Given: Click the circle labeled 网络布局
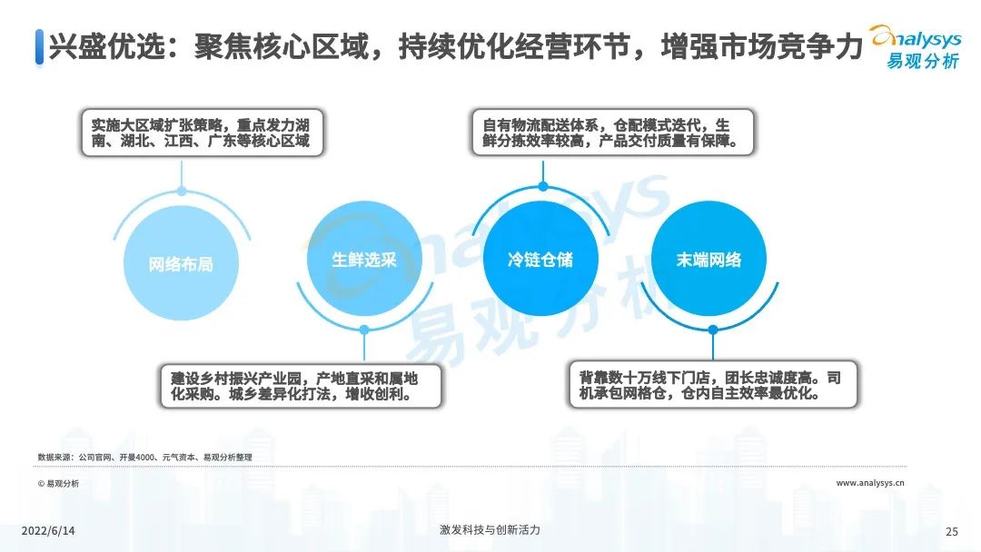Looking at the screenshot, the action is pos(182,263).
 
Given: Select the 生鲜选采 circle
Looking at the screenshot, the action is pos(364,259).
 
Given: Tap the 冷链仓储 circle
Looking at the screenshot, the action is pos(540,259).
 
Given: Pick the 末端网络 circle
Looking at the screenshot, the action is pos(708,259).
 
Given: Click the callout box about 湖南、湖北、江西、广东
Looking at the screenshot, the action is pos(202,133).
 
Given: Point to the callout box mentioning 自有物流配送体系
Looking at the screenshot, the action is pos(612,133).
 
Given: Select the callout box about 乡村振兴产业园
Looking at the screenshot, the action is pos(301,387).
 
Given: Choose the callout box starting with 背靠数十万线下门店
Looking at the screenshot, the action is pos(713,384).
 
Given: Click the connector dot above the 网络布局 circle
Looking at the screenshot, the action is pos(182,192).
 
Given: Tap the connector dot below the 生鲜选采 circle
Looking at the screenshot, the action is pos(364,330).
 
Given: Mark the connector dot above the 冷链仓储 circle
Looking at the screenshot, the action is pos(543,186).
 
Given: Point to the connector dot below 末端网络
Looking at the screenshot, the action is pos(713,330).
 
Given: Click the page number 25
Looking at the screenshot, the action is pos(952,531).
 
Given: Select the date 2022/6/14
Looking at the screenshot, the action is pos(48,531).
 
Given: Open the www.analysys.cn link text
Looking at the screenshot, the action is pos(869,483).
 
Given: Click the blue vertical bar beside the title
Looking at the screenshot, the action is pos(39,47).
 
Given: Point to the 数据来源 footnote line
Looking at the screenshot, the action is pos(144,457).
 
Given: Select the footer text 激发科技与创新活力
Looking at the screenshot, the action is pos(490,530).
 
